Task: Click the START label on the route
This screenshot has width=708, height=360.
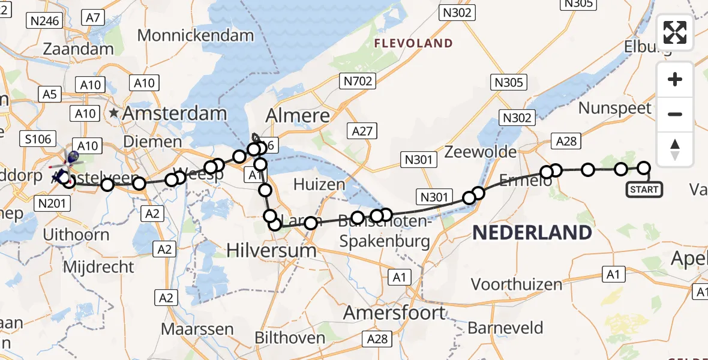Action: [x=644, y=190]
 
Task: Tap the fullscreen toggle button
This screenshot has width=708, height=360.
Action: [x=675, y=32]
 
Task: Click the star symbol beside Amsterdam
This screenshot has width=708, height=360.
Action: [x=113, y=113]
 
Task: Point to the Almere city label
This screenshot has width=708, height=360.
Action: [x=298, y=116]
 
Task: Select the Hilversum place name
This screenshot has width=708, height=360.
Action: [x=272, y=250]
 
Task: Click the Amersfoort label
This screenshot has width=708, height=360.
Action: [x=395, y=313]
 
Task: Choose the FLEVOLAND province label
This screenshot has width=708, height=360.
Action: [x=413, y=43]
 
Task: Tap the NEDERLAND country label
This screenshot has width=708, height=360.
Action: [x=532, y=233]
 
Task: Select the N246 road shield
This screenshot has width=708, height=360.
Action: [x=45, y=22]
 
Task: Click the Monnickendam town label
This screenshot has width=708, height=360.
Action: [x=196, y=35]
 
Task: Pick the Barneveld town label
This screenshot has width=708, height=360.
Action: [x=505, y=328]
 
